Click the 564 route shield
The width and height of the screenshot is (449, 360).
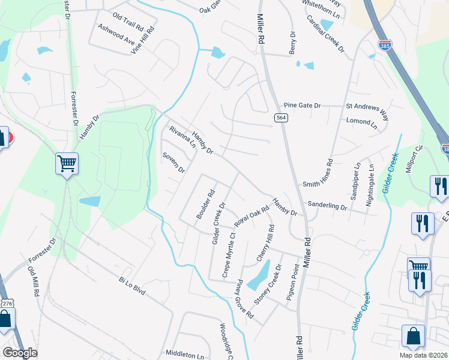pyautogui.click(x=281, y=118)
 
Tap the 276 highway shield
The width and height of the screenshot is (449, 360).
pyautogui.click(x=7, y=304)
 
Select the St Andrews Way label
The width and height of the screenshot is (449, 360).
pyautogui.click(x=367, y=106)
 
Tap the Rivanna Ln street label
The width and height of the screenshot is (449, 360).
pyautogui.click(x=182, y=137)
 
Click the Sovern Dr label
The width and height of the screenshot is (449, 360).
pyautogui.click(x=173, y=162)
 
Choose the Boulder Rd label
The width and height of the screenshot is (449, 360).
pyautogui.click(x=205, y=205)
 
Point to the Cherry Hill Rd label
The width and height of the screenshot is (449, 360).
pyautogui.click(x=265, y=242)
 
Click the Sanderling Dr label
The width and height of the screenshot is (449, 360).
pyautogui.click(x=327, y=206)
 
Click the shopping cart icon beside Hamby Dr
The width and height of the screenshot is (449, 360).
pyautogui.click(x=67, y=163)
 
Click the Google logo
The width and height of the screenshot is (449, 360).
pyautogui.click(x=20, y=353)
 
